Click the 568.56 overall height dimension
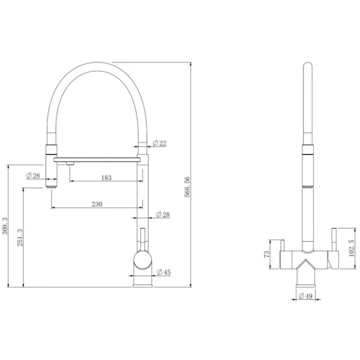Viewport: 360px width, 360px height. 187,187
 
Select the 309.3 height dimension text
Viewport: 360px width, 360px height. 5,226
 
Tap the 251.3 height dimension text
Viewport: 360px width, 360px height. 20,238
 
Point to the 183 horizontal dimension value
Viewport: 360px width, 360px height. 106,178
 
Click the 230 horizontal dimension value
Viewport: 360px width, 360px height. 97,204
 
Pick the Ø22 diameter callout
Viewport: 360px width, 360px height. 160,143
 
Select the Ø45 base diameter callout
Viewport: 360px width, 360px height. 164,272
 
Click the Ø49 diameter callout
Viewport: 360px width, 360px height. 305,296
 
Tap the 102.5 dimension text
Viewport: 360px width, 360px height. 351,248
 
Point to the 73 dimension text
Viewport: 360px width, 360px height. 266,254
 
